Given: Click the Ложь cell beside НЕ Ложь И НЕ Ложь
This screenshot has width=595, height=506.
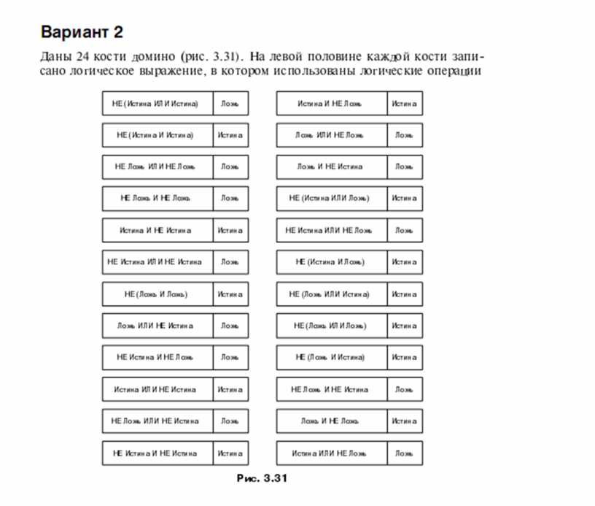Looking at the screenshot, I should (230, 198).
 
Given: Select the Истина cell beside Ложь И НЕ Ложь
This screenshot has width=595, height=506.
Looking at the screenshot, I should (404, 421).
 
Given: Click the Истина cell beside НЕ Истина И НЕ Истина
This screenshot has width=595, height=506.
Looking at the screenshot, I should (230, 453).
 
